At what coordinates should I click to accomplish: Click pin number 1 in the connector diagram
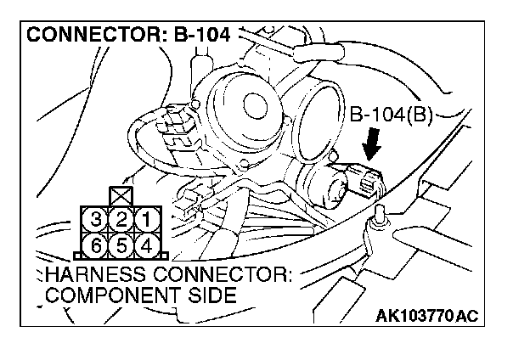(x=146, y=220)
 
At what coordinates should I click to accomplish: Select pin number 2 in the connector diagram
(x=122, y=220)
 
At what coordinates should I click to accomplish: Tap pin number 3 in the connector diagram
(x=99, y=220)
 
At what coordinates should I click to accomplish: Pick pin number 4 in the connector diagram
(x=146, y=245)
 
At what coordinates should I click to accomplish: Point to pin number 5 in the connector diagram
(x=122, y=245)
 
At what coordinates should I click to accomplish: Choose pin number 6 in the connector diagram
(x=99, y=245)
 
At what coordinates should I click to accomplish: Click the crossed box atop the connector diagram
(x=122, y=196)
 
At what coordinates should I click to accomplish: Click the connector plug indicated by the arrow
(x=369, y=180)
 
